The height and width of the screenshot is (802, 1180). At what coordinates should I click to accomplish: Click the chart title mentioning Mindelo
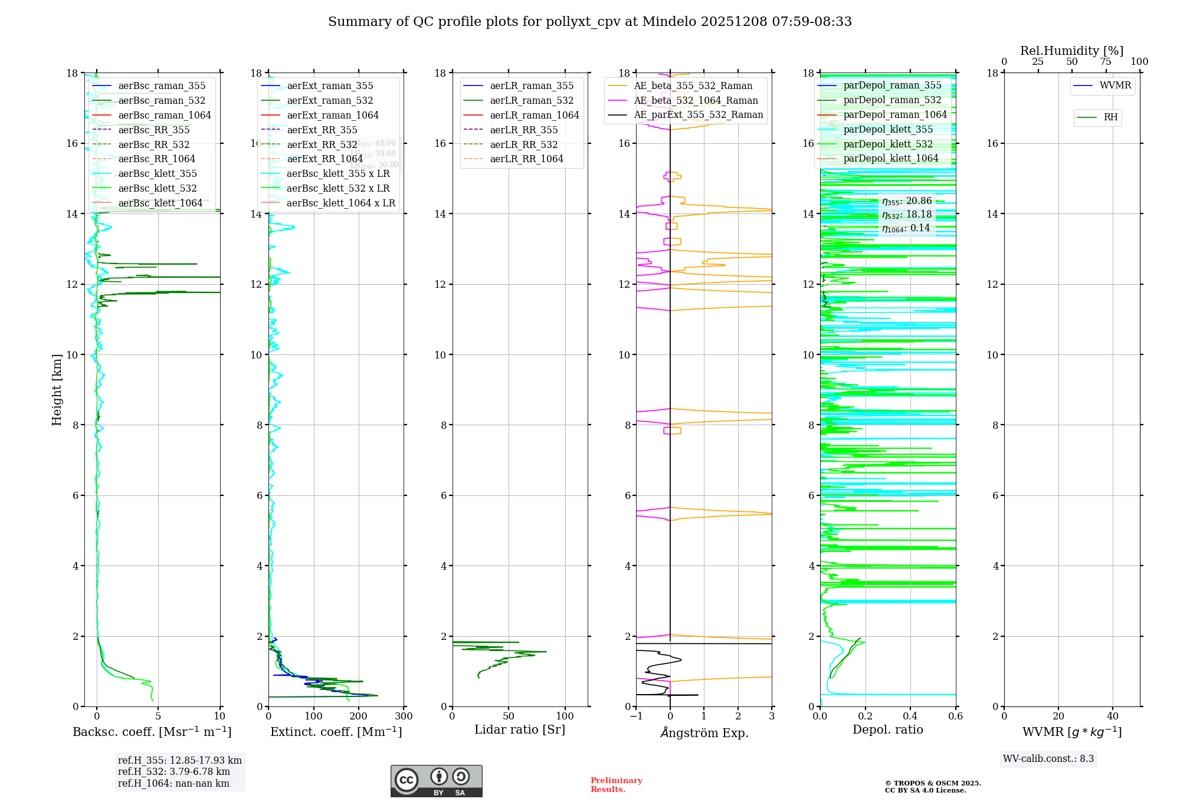tap(590, 22)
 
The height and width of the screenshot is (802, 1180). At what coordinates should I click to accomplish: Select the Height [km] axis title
tap(57, 389)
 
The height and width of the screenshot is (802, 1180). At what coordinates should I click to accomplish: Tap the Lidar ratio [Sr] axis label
tap(520, 729)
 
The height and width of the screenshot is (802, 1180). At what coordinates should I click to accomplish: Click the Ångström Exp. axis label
tap(704, 732)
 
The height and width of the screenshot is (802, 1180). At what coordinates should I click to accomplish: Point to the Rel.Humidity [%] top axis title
tap(1071, 51)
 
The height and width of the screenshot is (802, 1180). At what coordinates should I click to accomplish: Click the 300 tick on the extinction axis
tap(404, 716)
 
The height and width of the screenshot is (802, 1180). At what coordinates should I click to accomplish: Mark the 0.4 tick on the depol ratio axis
tap(910, 716)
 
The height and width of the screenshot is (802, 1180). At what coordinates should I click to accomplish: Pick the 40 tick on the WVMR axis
tap(1113, 716)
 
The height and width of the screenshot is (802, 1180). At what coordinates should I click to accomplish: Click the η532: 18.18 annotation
tap(907, 215)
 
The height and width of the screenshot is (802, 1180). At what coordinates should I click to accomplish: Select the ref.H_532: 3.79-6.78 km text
tap(174, 772)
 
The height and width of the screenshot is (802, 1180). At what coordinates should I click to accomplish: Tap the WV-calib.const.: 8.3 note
tap(1048, 759)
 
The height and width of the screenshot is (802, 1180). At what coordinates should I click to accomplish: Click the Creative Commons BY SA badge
tap(436, 781)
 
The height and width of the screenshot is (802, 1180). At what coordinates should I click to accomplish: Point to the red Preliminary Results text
tap(616, 785)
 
